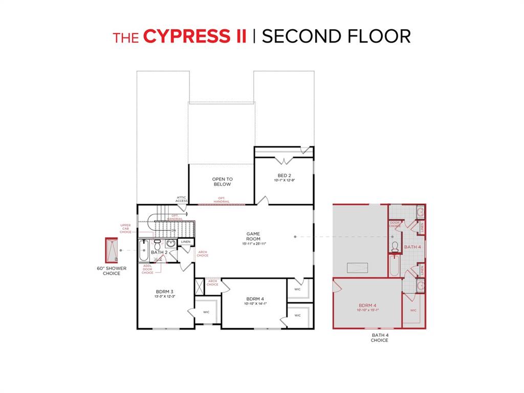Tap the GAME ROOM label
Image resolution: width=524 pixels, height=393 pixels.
click(x=254, y=236)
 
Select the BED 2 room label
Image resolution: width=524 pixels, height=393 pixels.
click(x=285, y=176)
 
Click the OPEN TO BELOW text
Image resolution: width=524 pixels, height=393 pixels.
click(x=222, y=182)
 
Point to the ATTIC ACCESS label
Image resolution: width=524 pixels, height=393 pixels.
click(x=182, y=199)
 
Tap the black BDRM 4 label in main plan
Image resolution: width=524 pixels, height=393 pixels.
click(x=254, y=299)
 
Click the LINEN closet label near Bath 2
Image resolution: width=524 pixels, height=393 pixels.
click(x=186, y=242)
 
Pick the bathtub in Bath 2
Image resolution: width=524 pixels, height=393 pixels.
click(x=144, y=250)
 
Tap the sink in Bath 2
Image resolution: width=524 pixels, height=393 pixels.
click(x=170, y=244)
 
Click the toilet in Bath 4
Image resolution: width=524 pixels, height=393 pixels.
click(x=395, y=248)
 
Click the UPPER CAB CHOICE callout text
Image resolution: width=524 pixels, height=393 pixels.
click(x=125, y=229)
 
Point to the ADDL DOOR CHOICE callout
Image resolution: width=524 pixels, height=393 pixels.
click(x=147, y=269)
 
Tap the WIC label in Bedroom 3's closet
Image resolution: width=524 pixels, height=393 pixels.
click(x=206, y=312)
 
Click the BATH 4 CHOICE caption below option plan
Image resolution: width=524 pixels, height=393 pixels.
click(x=379, y=338)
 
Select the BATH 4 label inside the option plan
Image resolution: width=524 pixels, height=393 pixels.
click(x=412, y=247)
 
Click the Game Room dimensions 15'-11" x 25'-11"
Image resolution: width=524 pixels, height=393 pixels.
click(x=254, y=244)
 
